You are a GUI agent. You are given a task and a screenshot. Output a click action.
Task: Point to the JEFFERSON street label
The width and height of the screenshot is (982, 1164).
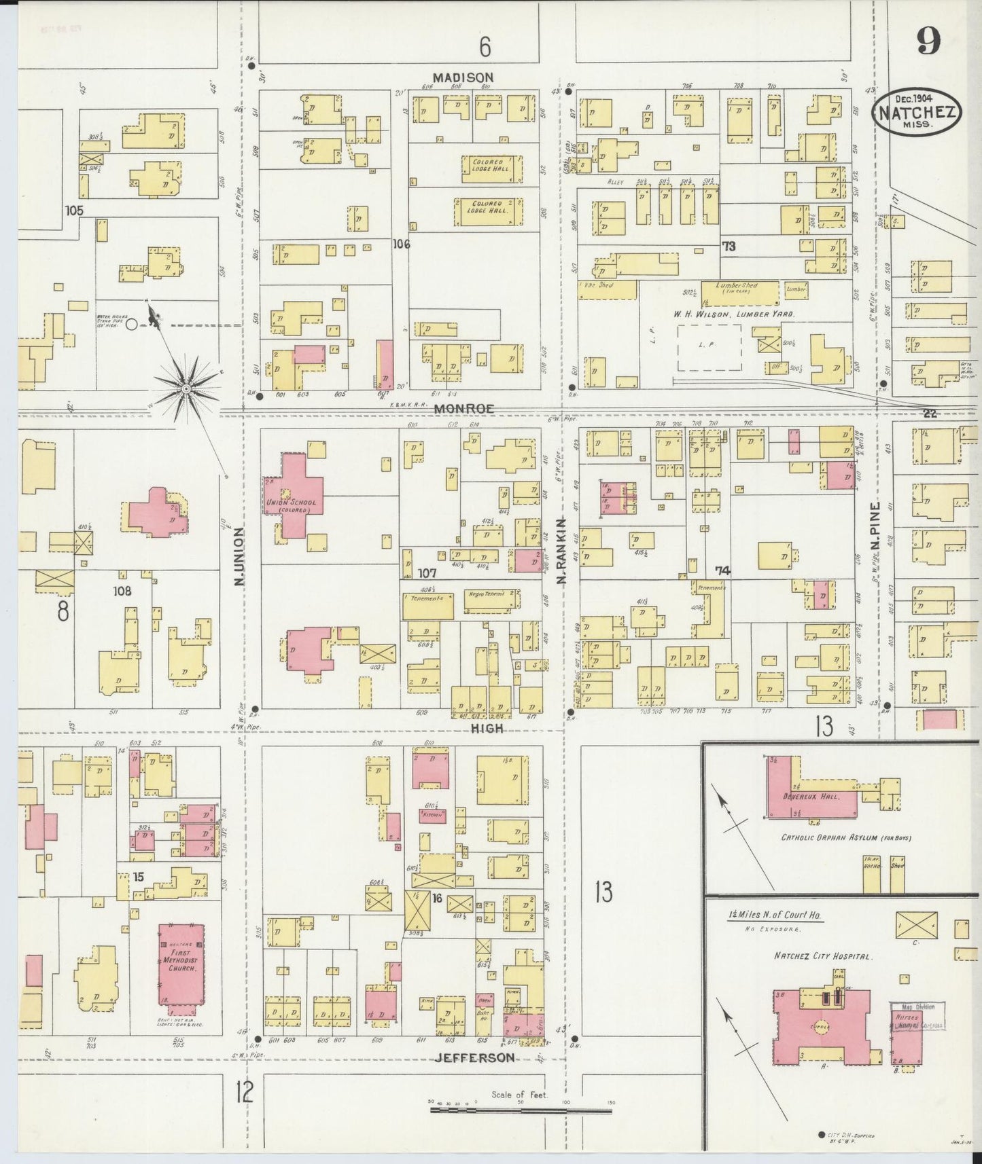(x=474, y=1057)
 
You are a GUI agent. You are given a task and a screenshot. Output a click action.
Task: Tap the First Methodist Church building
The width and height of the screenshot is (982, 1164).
(x=181, y=965)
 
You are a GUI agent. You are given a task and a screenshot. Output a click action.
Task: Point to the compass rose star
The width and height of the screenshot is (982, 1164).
(x=186, y=388)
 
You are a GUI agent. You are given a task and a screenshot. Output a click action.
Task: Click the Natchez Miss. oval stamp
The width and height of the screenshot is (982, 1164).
(x=916, y=112)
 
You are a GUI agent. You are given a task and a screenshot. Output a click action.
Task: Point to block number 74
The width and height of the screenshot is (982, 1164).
(x=722, y=570)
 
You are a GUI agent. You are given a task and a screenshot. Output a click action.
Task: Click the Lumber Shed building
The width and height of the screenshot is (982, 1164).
(x=736, y=292)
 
